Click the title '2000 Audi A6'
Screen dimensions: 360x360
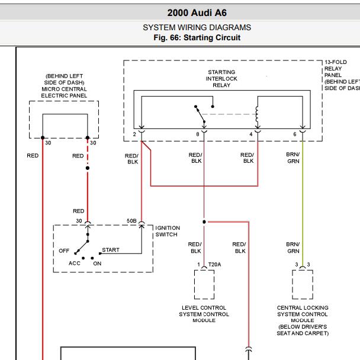pyautogui.click(x=197, y=13)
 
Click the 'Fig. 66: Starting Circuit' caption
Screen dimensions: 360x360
pyautogui.click(x=197, y=38)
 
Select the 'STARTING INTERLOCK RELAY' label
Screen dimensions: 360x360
pyautogui.click(x=221, y=79)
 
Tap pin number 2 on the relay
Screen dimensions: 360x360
pyautogui.click(x=134, y=134)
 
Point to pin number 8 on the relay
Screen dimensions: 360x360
pyautogui.click(x=198, y=134)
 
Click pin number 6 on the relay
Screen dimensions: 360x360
pyautogui.click(x=295, y=134)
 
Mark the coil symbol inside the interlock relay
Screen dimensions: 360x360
pyautogui.click(x=257, y=115)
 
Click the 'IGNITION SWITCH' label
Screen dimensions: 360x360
pyautogui.click(x=168, y=231)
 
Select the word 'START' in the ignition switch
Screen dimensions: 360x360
pyautogui.click(x=111, y=250)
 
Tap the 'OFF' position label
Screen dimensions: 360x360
pyautogui.click(x=64, y=250)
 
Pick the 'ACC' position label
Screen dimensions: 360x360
pyautogui.click(x=75, y=263)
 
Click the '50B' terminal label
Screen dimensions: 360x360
pyautogui.click(x=131, y=221)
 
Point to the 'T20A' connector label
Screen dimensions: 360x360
pyautogui.click(x=215, y=265)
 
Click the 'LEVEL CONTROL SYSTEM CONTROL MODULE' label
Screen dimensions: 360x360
pyautogui.click(x=204, y=314)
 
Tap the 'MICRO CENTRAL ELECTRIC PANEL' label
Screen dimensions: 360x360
pyautogui.click(x=64, y=92)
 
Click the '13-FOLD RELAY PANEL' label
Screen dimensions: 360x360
pyautogui.click(x=336, y=69)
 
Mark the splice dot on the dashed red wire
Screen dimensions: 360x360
pyautogui.click(x=88, y=168)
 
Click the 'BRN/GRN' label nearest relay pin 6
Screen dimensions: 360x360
pyautogui.click(x=293, y=157)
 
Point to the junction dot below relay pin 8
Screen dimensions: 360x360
pyautogui.click(x=204, y=222)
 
